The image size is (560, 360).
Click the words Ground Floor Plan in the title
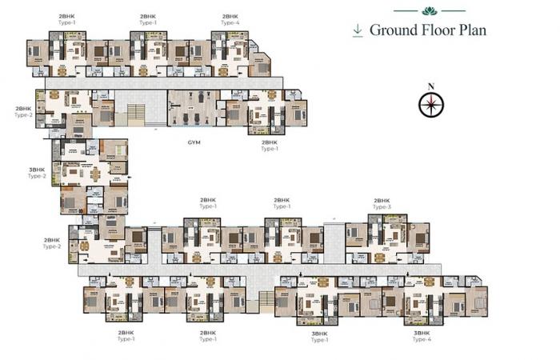click(x=427, y=30)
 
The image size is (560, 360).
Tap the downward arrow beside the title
click(x=358, y=30)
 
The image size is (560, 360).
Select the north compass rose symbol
click(x=431, y=104)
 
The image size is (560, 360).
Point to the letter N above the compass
click(x=431, y=86)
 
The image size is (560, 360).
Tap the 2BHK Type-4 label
click(x=230, y=19)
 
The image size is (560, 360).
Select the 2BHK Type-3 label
click(x=382, y=204)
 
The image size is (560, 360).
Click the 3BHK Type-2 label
click(x=37, y=172)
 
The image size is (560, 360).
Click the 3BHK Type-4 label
click(x=422, y=336)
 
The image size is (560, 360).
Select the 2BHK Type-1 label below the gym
click(x=270, y=146)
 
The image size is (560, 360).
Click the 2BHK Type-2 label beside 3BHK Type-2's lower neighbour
click(x=51, y=243)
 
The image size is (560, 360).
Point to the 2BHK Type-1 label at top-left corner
click(x=68, y=19)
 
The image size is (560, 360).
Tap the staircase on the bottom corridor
click(x=265, y=301)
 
